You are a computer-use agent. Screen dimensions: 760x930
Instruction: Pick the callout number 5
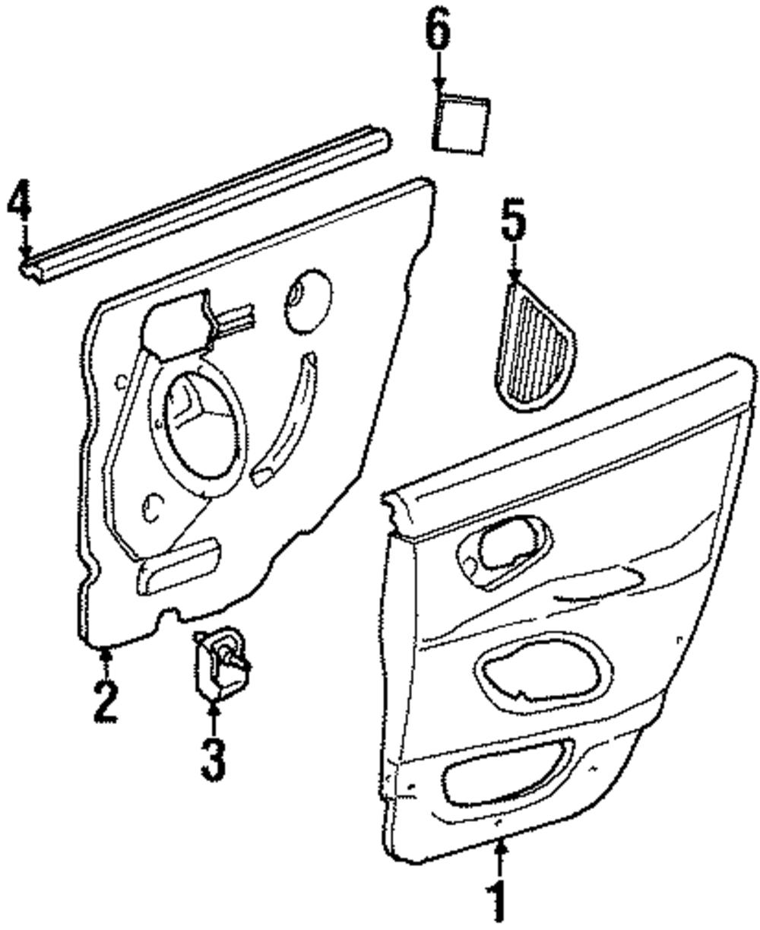click(x=513, y=221)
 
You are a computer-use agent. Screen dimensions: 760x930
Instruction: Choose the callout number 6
click(x=438, y=32)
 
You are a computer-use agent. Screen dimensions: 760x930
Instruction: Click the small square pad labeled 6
click(x=461, y=124)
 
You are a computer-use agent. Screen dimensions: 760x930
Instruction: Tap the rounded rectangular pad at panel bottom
click(x=178, y=566)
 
